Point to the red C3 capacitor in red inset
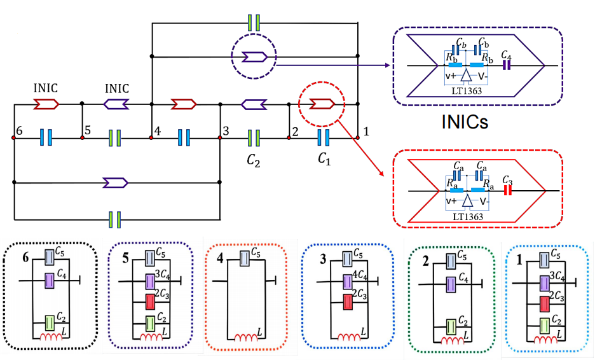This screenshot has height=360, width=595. (507, 190)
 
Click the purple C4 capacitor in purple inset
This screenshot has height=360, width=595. (507, 65)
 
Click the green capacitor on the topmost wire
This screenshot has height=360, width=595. (254, 23)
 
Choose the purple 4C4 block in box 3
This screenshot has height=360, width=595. (347, 280)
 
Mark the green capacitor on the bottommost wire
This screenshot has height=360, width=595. (115, 219)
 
